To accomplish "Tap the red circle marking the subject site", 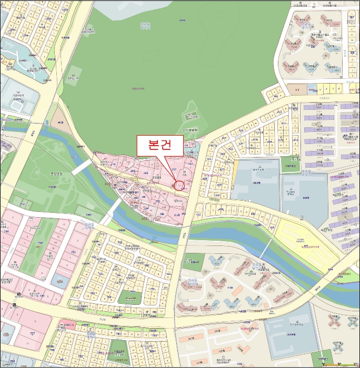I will (x=179, y=186).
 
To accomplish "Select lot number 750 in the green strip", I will (x=40, y=243).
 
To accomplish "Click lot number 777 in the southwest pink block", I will (x=33, y=333).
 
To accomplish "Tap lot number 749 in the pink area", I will (x=42, y=296).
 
